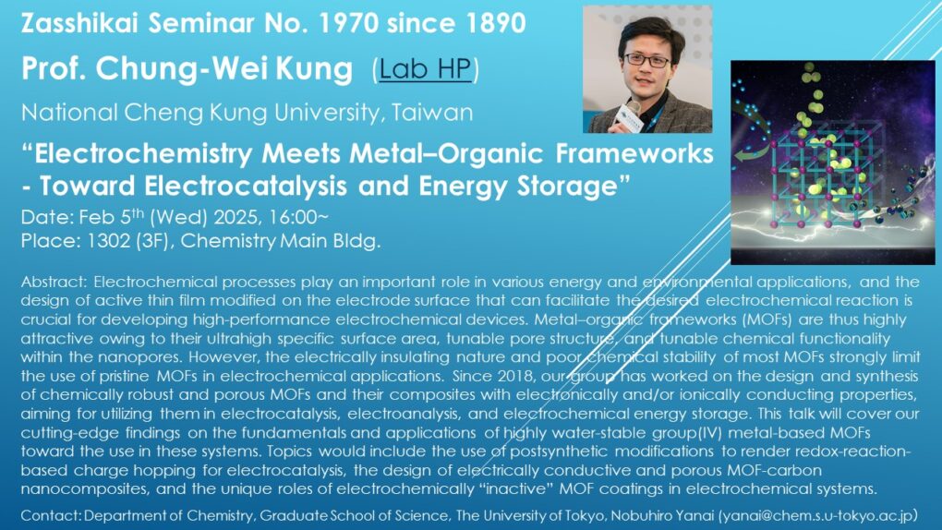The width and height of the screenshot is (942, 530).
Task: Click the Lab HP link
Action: pos(425,68)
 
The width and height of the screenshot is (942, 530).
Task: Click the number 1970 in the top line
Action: pos(348,23)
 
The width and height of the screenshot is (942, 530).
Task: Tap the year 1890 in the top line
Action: pos(496,23)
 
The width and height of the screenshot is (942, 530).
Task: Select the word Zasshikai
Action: pos(79,23)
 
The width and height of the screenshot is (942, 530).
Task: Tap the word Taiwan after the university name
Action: pos(432,113)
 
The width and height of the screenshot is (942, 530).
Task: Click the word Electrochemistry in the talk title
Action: pos(143,154)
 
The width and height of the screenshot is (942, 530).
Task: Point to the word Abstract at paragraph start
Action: pos(54,282)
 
